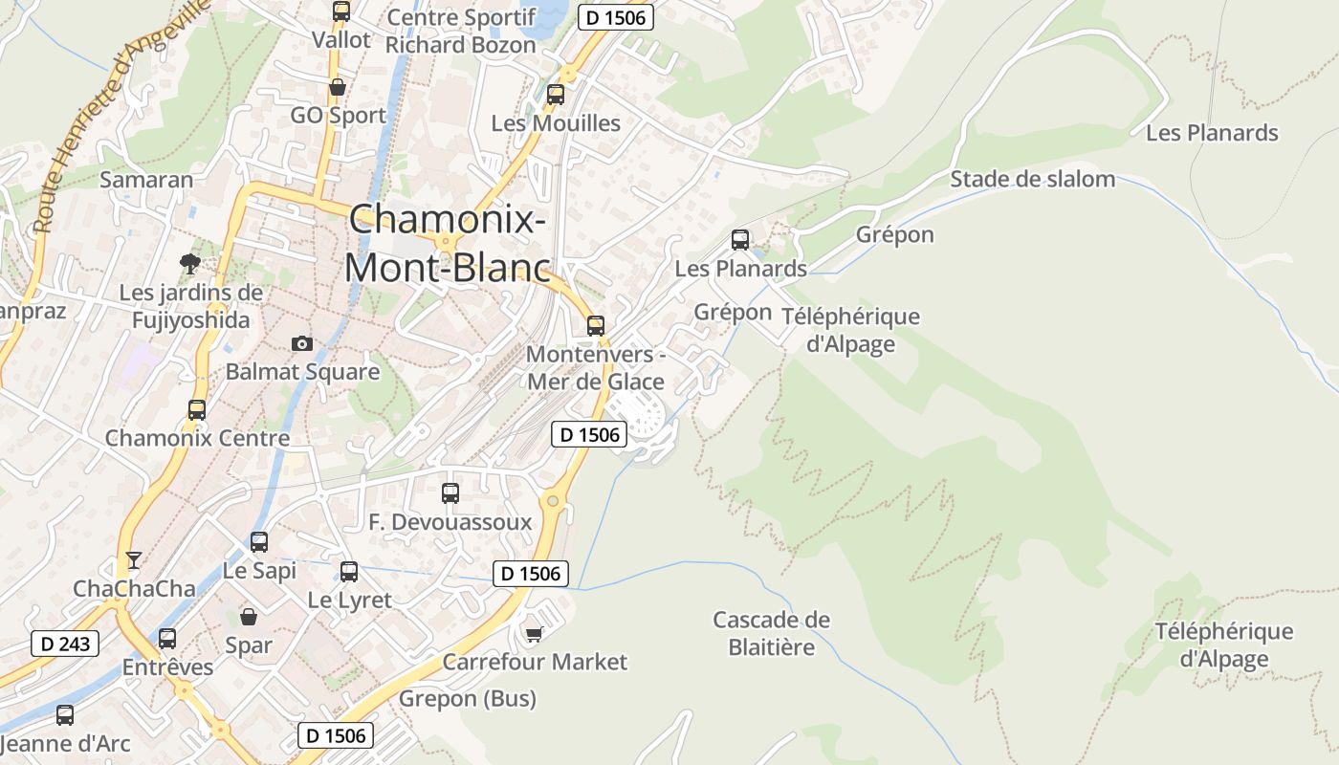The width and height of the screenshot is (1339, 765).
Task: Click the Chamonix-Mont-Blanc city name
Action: click(x=448, y=243)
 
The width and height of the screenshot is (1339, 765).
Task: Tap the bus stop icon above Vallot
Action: click(x=341, y=11)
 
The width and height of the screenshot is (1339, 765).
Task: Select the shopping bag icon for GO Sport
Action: click(x=338, y=88)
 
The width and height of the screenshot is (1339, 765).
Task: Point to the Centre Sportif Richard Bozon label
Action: click(x=461, y=31)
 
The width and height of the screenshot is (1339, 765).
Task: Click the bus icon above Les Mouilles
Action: click(x=556, y=95)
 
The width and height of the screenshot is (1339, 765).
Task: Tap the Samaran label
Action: click(x=146, y=180)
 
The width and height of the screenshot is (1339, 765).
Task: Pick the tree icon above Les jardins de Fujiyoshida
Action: click(x=189, y=264)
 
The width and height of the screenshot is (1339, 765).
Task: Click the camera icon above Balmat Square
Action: click(x=302, y=343)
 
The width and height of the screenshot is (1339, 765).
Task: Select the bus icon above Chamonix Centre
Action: click(x=197, y=410)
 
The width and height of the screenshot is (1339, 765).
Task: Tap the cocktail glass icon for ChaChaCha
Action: click(x=134, y=559)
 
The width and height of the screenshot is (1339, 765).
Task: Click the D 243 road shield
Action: click(x=66, y=644)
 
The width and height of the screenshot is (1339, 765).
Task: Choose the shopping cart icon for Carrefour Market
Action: click(x=535, y=633)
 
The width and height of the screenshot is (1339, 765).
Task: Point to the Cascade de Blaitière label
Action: click(x=772, y=633)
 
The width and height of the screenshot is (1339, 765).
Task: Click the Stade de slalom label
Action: click(x=1032, y=179)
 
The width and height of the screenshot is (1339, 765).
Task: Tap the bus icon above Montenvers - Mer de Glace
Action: click(x=596, y=325)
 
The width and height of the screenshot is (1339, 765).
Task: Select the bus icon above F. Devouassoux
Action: click(x=450, y=493)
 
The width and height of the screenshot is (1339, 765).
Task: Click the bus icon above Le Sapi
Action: click(x=259, y=542)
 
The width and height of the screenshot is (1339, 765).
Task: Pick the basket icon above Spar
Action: click(x=249, y=617)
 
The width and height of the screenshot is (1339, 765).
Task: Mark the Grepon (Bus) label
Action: click(x=468, y=699)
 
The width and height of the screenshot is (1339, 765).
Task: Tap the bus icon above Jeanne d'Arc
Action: click(x=65, y=714)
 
